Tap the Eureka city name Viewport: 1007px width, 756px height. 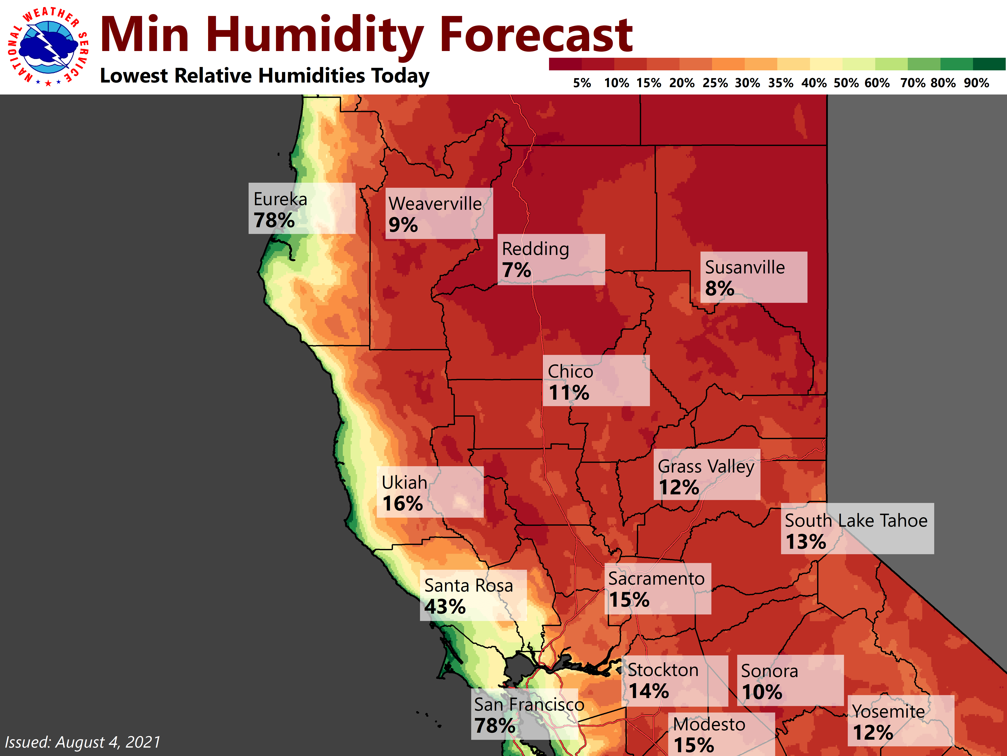click(280, 199)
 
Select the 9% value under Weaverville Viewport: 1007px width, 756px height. click(403, 225)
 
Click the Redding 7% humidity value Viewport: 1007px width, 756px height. click(516, 270)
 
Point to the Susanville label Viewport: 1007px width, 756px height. click(745, 268)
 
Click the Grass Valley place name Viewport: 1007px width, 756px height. click(706, 467)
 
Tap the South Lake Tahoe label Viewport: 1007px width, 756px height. click(856, 520)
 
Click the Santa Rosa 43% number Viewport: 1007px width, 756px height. click(445, 606)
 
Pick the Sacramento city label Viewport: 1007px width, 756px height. click(656, 579)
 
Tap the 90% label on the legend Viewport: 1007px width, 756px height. click(976, 83)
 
